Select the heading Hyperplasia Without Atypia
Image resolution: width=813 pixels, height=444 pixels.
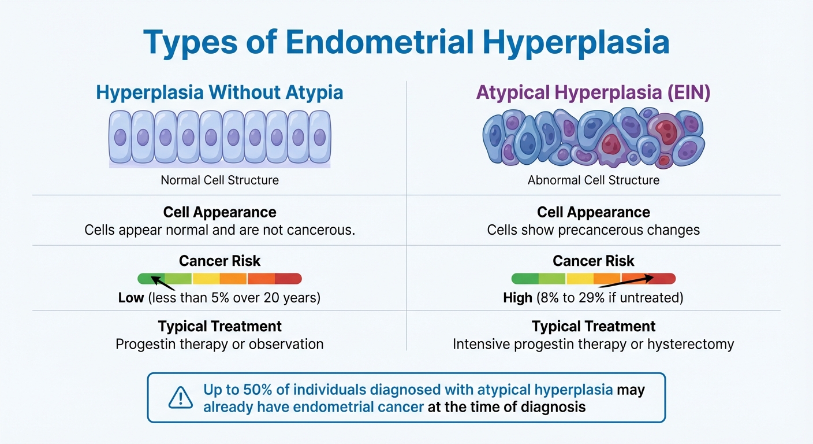tap(219, 92)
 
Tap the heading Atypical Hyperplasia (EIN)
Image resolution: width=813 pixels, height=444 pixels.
tap(593, 92)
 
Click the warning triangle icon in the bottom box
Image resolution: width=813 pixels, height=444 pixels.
tap(180, 398)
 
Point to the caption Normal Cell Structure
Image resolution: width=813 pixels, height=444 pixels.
tap(219, 180)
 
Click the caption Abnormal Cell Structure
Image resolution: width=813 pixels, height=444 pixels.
tap(593, 180)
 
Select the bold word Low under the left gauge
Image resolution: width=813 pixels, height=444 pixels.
tap(130, 298)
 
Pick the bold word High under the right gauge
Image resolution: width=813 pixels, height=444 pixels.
tap(517, 298)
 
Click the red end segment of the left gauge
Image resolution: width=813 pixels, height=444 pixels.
tap(288, 279)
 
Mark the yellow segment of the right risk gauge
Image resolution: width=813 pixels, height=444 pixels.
tap(580, 279)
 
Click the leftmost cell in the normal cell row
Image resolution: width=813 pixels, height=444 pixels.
tap(120, 137)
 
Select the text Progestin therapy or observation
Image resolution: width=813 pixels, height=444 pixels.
tap(219, 344)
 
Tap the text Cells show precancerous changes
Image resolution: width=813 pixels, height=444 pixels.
tap(593, 230)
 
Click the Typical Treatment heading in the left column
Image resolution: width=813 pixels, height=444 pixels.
tap(219, 326)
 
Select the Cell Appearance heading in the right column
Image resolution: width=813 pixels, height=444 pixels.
tap(593, 212)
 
